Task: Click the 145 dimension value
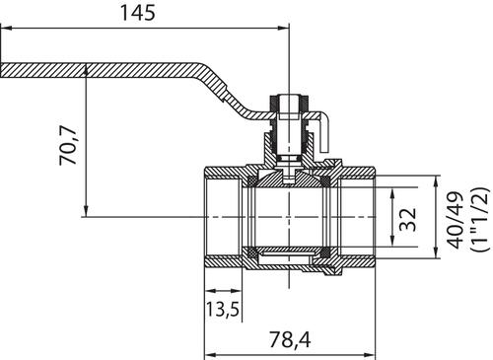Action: [138, 13]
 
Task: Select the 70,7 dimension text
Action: [68, 145]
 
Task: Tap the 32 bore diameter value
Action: [408, 219]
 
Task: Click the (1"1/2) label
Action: [480, 220]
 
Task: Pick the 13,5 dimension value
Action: [222, 309]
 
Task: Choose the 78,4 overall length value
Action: [290, 339]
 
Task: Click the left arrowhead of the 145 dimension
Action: [6, 29]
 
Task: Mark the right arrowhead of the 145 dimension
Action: [283, 29]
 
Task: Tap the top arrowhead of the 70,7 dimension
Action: [86, 70]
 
